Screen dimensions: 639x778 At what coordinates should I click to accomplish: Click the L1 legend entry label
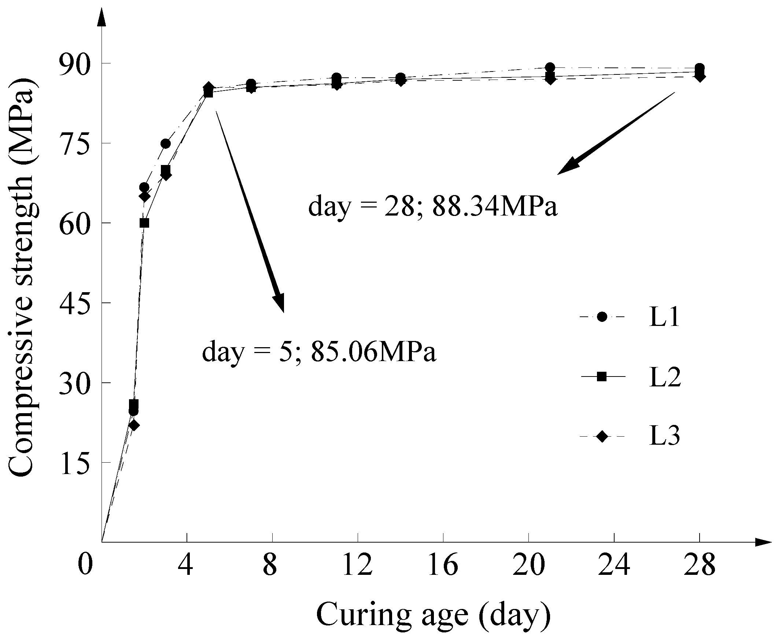pos(664,317)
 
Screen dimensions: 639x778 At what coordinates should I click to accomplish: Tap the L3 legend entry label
pos(664,437)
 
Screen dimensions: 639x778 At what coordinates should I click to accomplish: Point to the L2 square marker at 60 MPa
pos(144,223)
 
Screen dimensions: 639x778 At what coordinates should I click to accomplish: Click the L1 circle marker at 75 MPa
pos(166,144)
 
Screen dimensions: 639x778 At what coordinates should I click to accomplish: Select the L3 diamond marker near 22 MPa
pos(134,426)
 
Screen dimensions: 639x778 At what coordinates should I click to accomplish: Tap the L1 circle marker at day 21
pos(550,67)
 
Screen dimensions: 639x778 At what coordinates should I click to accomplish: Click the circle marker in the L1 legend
pos(602,317)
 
